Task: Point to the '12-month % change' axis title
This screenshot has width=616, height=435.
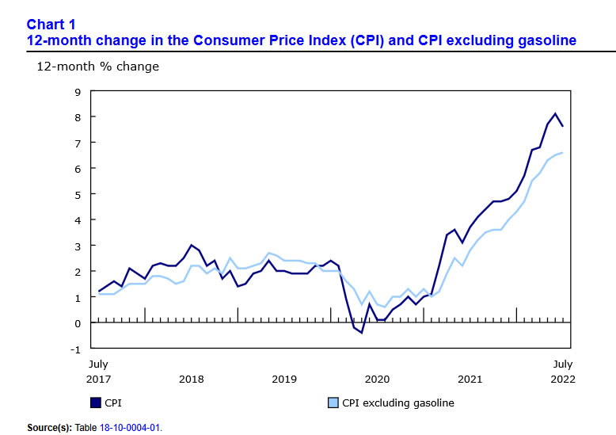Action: (x=97, y=67)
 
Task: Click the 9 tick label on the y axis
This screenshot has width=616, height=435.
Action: (x=78, y=91)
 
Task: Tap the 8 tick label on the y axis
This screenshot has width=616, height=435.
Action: (x=78, y=117)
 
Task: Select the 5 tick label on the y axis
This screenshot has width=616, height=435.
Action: (x=78, y=194)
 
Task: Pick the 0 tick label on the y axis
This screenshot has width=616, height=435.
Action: (x=78, y=323)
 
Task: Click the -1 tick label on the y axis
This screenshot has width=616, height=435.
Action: (x=75, y=349)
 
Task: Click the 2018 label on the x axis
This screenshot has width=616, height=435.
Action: (x=191, y=379)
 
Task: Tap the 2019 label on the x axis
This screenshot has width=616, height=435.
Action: (x=284, y=379)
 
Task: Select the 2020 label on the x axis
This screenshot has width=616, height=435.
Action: (x=377, y=379)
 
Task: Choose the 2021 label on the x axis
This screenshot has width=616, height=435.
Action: (x=470, y=379)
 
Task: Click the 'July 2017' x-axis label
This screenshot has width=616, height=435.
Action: (x=98, y=372)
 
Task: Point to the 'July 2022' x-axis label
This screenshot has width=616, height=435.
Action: (x=562, y=372)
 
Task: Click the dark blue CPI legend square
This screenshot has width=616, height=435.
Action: (x=96, y=403)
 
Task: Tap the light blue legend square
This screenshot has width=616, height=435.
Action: (x=333, y=403)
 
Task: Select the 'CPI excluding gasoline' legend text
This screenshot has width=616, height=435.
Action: (x=398, y=403)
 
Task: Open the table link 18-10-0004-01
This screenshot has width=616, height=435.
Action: (x=129, y=428)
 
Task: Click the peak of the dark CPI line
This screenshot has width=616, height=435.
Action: (x=555, y=114)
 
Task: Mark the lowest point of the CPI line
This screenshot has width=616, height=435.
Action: (x=361, y=333)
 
